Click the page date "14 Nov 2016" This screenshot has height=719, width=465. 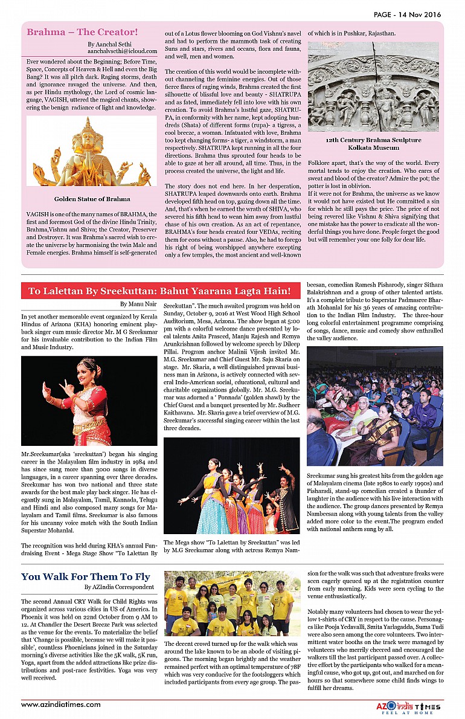click(x=418, y=15)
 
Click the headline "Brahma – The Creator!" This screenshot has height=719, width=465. click(x=82, y=32)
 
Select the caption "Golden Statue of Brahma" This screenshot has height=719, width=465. click(x=92, y=199)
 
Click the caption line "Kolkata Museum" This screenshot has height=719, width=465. click(x=373, y=147)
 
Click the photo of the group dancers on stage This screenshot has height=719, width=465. click(x=231, y=485)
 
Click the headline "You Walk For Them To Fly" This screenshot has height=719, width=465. click(x=86, y=576)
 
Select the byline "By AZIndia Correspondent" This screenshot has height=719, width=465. click(x=119, y=587)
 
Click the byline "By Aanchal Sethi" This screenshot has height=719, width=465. click(x=108, y=45)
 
